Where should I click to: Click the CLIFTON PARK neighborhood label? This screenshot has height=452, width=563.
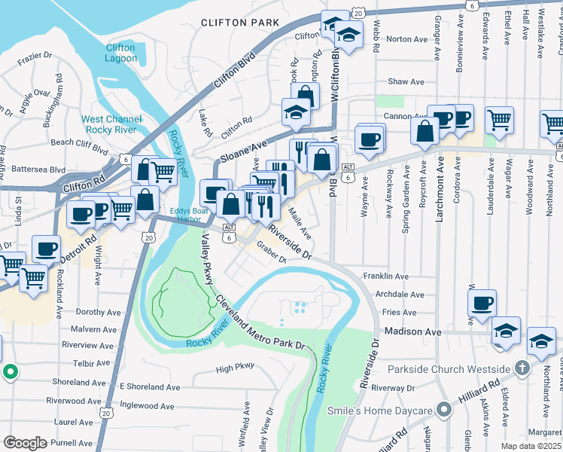pyautogui.click(x=239, y=23)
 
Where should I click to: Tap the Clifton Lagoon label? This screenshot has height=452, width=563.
pyautogui.click(x=120, y=53)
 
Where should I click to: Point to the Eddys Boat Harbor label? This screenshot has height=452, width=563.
pyautogui.click(x=189, y=215)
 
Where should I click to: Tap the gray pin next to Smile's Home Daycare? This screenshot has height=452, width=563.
pyautogui.click(x=444, y=411)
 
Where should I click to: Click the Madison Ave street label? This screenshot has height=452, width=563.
pyautogui.click(x=411, y=331)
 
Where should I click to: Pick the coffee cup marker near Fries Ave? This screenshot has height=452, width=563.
pyautogui.click(x=482, y=304)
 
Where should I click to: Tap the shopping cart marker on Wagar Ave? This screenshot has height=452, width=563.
pyautogui.click(x=499, y=119)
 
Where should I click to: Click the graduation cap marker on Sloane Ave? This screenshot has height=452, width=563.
pyautogui.click(x=296, y=112)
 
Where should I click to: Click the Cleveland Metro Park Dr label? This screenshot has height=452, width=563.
pyautogui.click(x=260, y=323)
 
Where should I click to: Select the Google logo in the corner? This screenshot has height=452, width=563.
pyautogui.click(x=25, y=443)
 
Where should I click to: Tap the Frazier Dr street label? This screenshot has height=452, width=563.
pyautogui.click(x=35, y=56)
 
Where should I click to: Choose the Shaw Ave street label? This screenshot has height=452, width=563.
pyautogui.click(x=406, y=81)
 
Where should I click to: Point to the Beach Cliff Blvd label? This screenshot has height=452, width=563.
pyautogui.click(x=79, y=142)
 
